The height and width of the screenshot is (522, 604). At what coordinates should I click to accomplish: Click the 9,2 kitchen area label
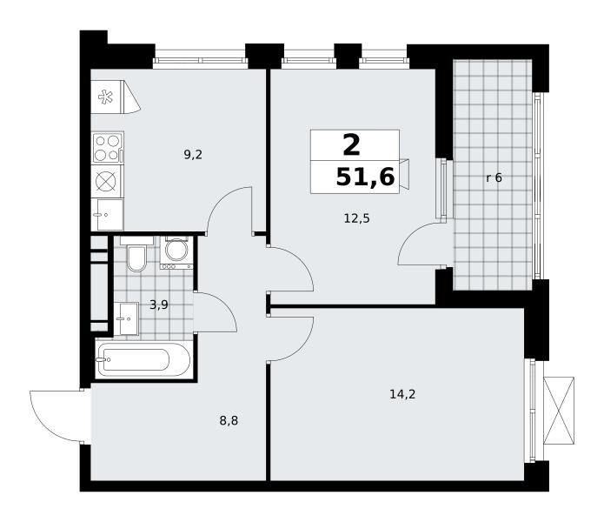tap(193, 155)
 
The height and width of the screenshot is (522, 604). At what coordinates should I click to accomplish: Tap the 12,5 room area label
tap(356, 219)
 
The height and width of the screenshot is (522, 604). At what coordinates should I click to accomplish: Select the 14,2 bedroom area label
tap(402, 394)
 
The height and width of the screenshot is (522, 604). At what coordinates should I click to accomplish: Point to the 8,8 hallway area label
tap(229, 420)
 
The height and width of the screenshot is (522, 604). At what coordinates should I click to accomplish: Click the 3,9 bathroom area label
tap(159, 305)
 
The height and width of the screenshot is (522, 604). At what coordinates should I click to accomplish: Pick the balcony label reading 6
tap(498, 177)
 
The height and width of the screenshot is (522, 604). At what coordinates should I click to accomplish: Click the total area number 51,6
tap(365, 177)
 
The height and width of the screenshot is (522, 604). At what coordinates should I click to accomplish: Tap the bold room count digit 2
tap(351, 145)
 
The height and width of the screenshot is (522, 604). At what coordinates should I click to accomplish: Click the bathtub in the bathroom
tap(144, 360)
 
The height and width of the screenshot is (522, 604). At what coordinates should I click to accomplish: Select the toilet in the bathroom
tap(136, 254)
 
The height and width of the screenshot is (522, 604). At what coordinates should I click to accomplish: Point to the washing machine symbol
tap(176, 253)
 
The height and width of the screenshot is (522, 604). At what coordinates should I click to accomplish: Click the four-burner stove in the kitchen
tap(108, 148)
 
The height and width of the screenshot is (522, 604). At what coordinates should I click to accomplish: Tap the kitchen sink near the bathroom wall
tap(108, 214)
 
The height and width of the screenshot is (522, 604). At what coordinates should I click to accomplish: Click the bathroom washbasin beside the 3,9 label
tap(126, 318)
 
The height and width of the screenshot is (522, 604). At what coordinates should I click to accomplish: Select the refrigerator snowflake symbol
tap(105, 97)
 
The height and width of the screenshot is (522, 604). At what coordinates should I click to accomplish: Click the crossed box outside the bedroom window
tap(559, 411)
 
